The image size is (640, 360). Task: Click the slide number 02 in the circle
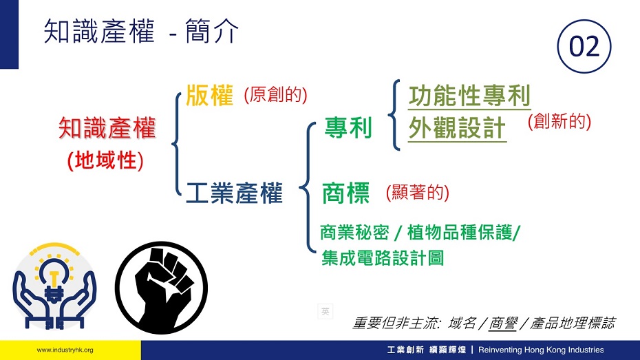(x=584, y=46)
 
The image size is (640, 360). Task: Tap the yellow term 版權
(x=209, y=96)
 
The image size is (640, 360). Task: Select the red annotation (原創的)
(x=275, y=95)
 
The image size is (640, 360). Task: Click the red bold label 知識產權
(x=107, y=128)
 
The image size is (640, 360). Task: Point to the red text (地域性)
(x=105, y=160)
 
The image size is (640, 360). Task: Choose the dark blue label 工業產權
(x=234, y=193)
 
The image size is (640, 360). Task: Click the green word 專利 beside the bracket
(x=348, y=127)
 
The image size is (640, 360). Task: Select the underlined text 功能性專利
(x=469, y=96)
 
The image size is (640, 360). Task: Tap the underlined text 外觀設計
(x=457, y=128)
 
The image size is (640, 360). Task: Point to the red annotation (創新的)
(x=559, y=122)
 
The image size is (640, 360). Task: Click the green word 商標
(x=345, y=193)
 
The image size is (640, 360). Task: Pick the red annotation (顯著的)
(x=418, y=192)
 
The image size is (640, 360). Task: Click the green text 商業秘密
(x=354, y=232)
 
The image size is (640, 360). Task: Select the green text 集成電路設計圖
(x=383, y=258)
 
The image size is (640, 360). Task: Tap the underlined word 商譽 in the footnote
(x=503, y=324)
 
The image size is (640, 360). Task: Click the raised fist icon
(x=162, y=288)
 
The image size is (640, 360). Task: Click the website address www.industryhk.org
(x=65, y=350)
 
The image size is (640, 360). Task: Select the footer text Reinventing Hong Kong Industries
(x=541, y=350)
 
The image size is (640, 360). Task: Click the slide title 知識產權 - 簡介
(x=141, y=31)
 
